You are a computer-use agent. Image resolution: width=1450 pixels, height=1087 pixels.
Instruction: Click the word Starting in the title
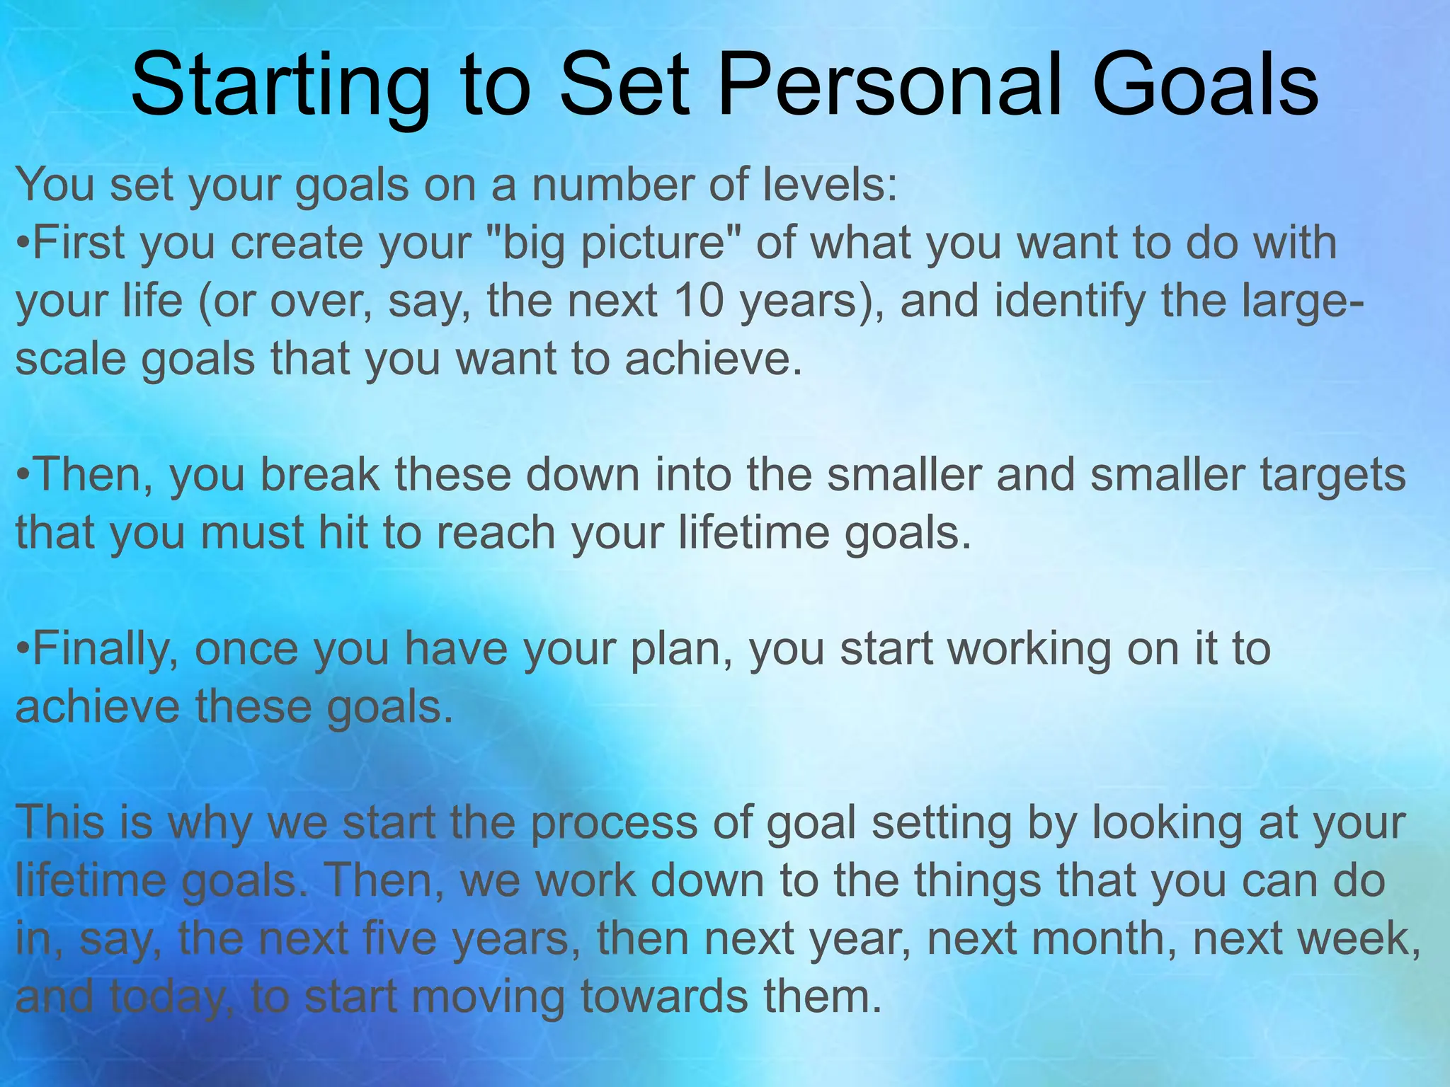click(280, 86)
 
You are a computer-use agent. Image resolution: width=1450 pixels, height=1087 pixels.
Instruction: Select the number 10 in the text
click(699, 301)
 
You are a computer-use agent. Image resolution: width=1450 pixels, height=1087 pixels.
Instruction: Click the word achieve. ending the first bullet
click(714, 359)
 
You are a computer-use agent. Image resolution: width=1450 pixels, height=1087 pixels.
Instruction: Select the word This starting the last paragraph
click(62, 822)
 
